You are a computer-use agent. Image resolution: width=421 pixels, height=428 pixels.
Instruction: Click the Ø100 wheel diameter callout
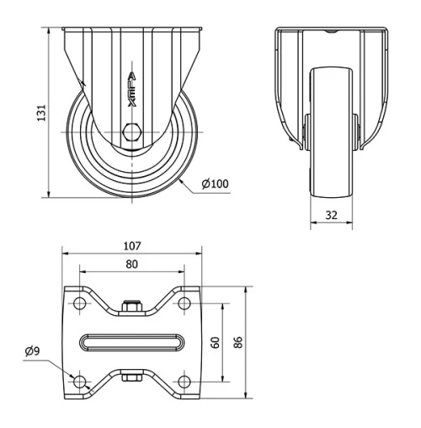point(216,185)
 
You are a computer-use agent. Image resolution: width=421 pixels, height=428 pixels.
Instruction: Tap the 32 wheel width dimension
point(333,215)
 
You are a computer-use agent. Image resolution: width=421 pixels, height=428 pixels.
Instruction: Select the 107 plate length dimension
point(131,247)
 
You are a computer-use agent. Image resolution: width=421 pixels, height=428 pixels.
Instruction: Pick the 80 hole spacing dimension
point(131,264)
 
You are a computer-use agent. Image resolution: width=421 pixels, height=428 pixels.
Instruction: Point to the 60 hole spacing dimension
point(216,342)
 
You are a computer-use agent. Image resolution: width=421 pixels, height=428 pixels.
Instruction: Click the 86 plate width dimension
point(238,342)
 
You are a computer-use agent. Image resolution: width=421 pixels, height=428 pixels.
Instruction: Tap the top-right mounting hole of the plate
point(184,303)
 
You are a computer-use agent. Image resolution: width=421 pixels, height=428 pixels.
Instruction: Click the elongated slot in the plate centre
point(131,342)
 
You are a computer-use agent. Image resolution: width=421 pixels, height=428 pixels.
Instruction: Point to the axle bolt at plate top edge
point(131,307)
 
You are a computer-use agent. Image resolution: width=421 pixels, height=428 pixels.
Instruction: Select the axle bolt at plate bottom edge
point(131,377)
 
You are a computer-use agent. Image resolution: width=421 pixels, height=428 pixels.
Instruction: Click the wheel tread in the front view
point(333,135)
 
